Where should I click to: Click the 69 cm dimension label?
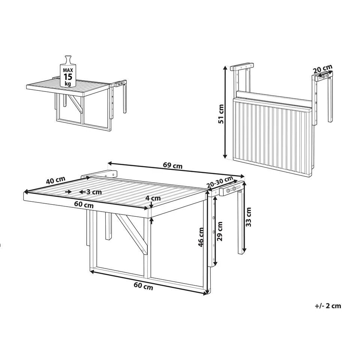click(172, 165)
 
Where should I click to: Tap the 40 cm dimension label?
click(55, 181)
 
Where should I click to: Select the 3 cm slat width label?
click(94, 192)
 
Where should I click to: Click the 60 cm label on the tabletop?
click(84, 205)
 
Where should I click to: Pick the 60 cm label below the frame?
click(143, 287)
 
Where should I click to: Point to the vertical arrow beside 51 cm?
click(225, 112)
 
